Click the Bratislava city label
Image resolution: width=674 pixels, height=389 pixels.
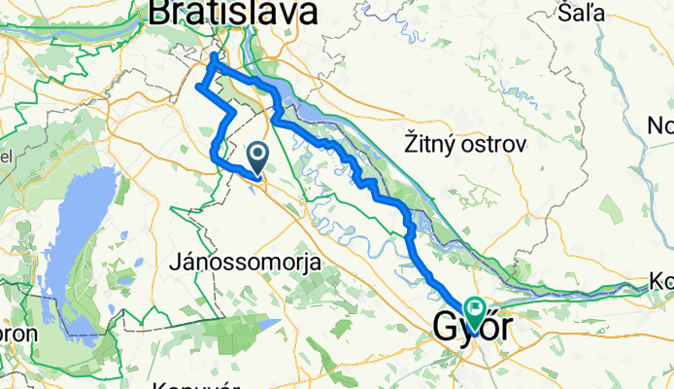[x=233, y=13]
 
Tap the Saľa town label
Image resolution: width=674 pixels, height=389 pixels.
[x=583, y=13]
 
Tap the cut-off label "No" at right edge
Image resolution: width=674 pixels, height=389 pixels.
[x=662, y=125]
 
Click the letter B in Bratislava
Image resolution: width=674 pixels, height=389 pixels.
[x=160, y=13]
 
